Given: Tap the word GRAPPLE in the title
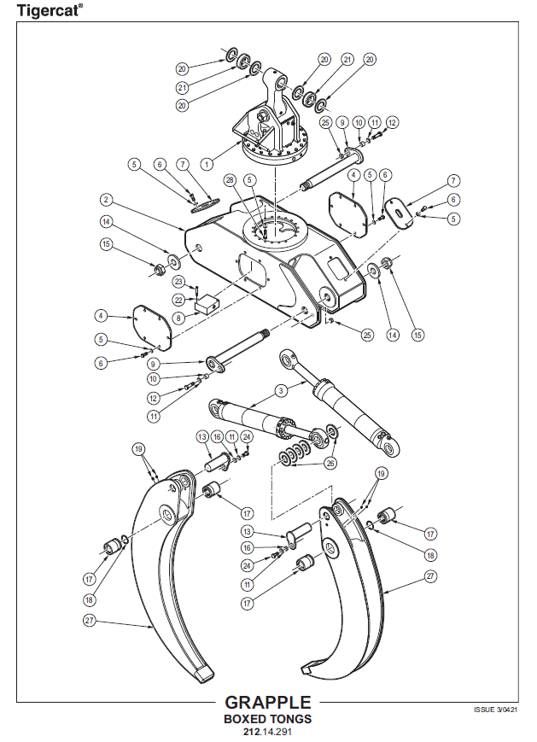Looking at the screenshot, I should (267, 703).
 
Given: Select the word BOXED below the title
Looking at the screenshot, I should (246, 719).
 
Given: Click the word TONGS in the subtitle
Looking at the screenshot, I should (290, 719).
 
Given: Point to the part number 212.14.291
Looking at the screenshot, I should (267, 732).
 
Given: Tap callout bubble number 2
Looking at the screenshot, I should (106, 200).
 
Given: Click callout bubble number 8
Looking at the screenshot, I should (178, 318).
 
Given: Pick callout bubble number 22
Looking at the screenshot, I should (178, 300).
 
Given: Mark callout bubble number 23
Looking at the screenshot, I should (178, 282).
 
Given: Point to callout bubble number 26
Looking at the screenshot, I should (330, 464).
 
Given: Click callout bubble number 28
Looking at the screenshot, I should (229, 179).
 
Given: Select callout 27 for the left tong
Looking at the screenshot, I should (90, 620).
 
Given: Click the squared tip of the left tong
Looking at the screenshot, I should (204, 674).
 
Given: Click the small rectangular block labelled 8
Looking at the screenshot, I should (207, 301).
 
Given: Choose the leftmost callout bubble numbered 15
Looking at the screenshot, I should (106, 245).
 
